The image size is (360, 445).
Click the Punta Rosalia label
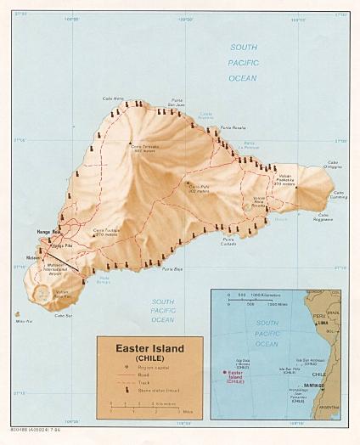233,128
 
